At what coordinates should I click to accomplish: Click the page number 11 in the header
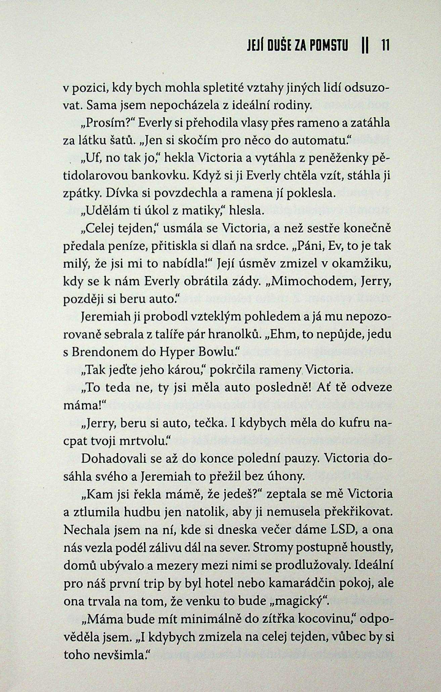[385, 45]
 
